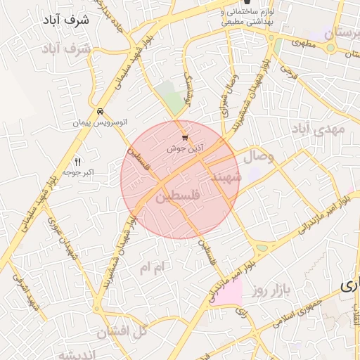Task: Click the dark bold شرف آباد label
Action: pyautogui.click(x=71, y=20)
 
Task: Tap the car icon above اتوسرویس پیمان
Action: pyautogui.click(x=101, y=111)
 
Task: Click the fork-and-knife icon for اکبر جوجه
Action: pyautogui.click(x=77, y=162)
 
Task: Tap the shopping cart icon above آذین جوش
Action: pyautogui.click(x=185, y=138)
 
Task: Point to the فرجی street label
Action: pyautogui.click(x=284, y=70)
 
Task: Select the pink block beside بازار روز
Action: pyautogui.click(x=228, y=292)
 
